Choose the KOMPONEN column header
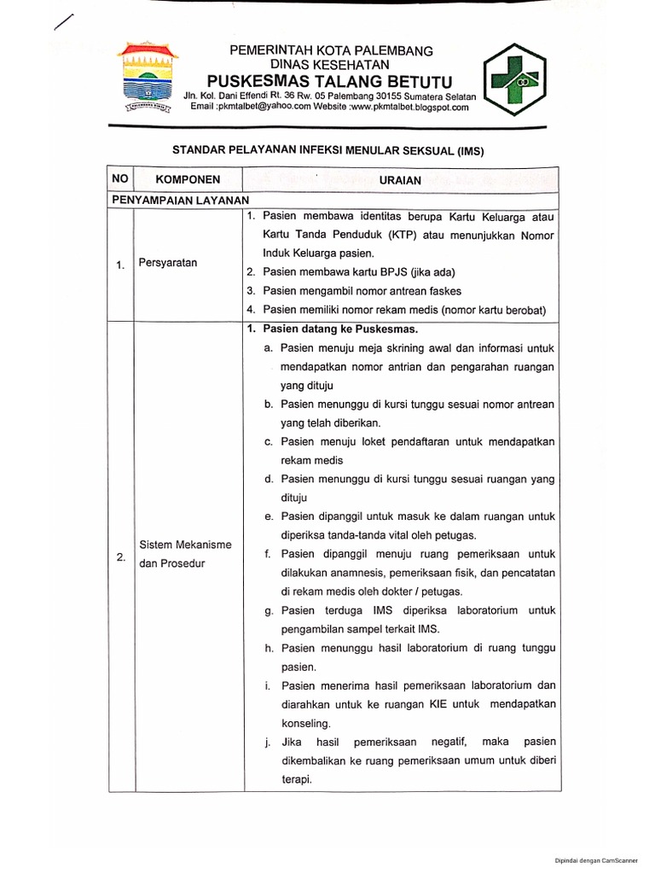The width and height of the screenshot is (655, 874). click(188, 179)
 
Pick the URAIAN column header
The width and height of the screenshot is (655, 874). click(400, 180)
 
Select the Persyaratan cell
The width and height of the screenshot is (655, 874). click(168, 263)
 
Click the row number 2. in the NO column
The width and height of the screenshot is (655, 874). click(120, 557)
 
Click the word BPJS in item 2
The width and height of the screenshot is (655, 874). click(390, 272)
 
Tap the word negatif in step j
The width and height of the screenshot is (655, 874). click(438, 743)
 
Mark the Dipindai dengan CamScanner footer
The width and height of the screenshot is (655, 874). click(601, 862)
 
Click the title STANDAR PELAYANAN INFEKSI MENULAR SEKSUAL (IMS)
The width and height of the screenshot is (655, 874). click(328, 149)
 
